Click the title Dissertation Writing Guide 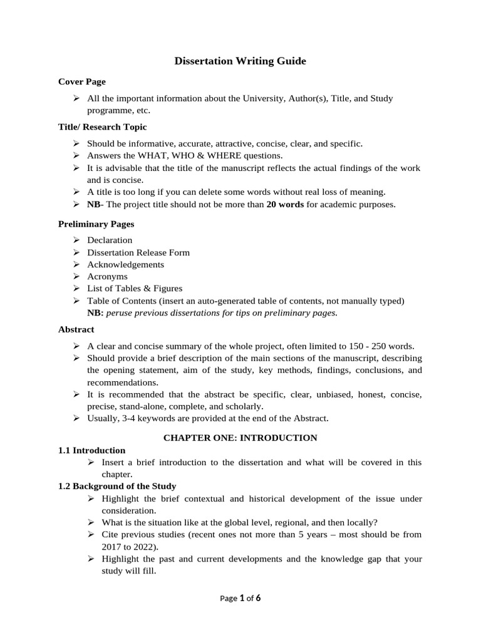tap(240, 61)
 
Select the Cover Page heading tap(81, 81)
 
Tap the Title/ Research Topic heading tap(102, 127)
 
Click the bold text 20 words tap(285, 204)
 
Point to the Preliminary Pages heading tap(96, 223)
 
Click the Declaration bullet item tap(110, 240)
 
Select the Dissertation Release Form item tap(138, 252)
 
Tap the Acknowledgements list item tap(125, 264)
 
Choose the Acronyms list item tap(107, 276)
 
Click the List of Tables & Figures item tap(135, 289)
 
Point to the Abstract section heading tap(76, 329)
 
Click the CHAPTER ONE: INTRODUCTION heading tap(240, 438)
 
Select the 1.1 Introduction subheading tap(91, 450)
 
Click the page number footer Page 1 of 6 tap(240, 598)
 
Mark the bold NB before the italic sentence tap(95, 312)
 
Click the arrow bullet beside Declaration tap(76, 240)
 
